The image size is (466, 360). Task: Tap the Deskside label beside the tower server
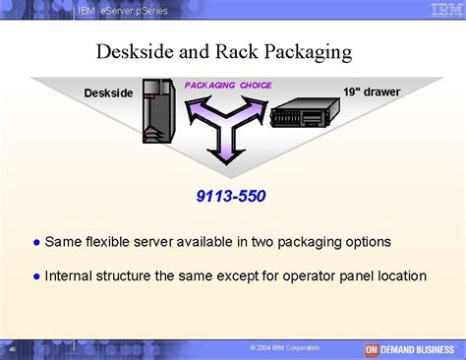tap(108, 92)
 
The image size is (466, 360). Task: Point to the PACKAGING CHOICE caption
tap(228, 85)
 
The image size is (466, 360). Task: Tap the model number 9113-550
tap(233, 196)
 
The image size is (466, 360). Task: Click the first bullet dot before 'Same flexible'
tap(34, 242)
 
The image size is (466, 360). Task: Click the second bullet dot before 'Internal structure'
tap(34, 276)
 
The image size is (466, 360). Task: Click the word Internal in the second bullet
tap(71, 276)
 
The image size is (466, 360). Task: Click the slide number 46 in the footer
tap(12, 349)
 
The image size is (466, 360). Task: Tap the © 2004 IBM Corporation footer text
tap(284, 349)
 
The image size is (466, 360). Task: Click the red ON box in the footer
tap(372, 349)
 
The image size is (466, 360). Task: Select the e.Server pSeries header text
tap(137, 10)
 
